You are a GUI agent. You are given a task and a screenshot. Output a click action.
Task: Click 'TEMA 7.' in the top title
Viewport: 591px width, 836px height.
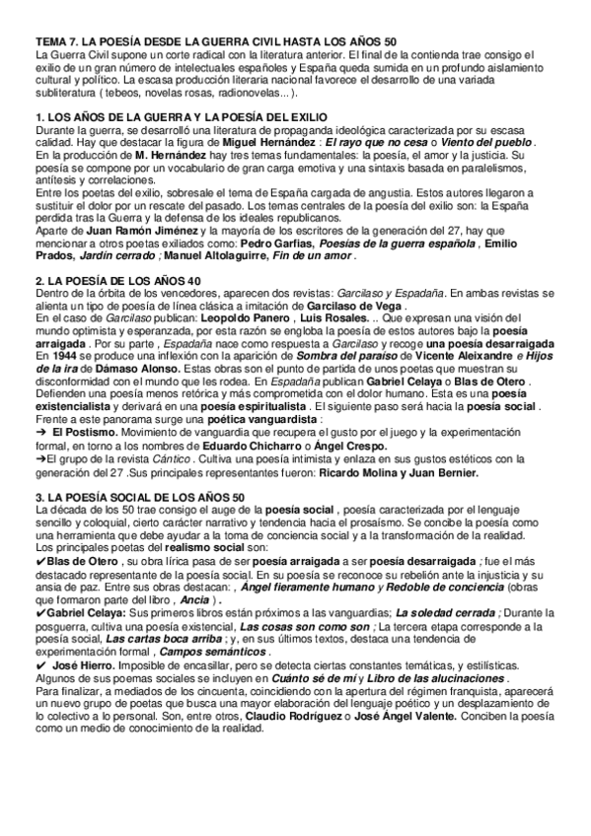coord(54,40)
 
